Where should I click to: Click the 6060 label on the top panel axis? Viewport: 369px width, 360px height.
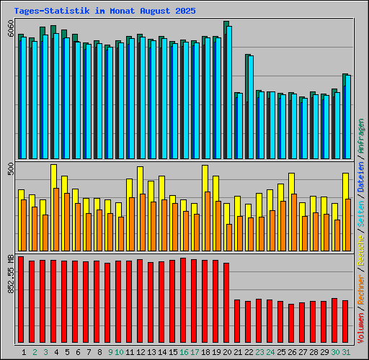[9, 29]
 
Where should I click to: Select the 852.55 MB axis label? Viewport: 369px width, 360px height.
[9, 276]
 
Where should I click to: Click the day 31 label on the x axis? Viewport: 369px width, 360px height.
[346, 352]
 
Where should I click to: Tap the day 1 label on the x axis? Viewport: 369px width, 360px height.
[25, 352]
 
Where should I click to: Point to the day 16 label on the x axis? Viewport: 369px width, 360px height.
[184, 352]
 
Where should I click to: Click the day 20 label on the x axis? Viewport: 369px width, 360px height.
[227, 352]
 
